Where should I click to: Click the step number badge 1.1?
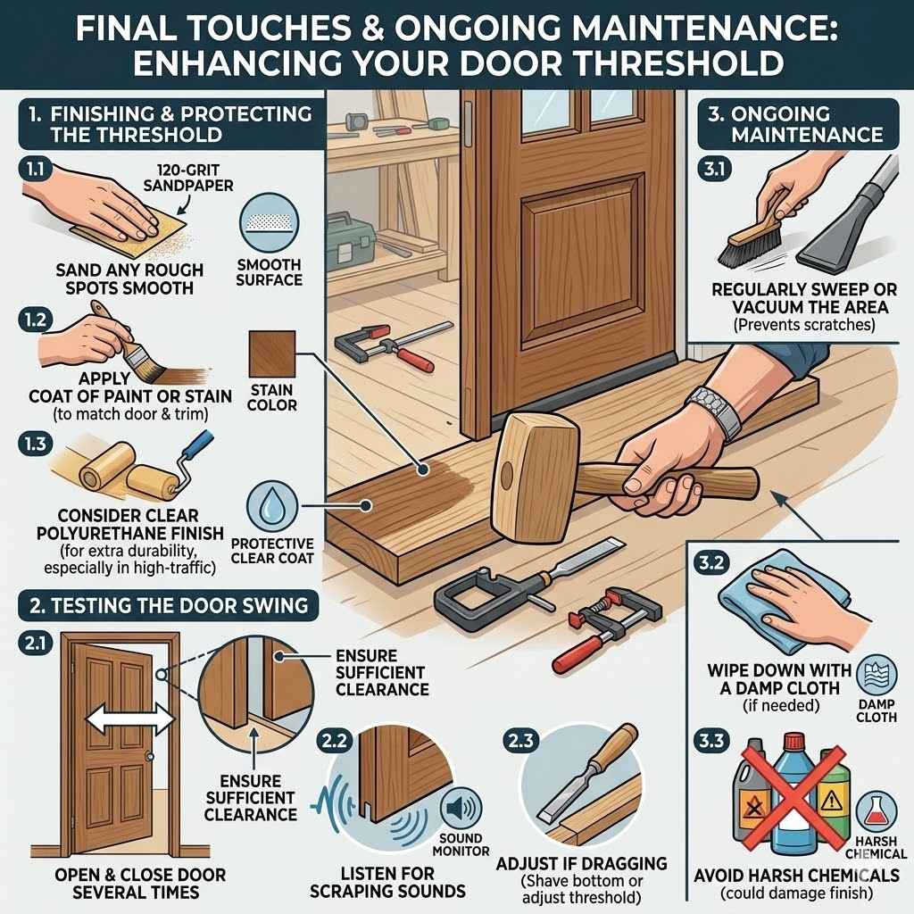[x=36, y=169]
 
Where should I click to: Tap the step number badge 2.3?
[x=520, y=740]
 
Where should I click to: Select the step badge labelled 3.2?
[x=711, y=563]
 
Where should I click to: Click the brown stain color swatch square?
[x=271, y=353]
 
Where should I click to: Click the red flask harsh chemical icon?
[x=877, y=812]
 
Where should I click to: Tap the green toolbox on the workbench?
[x=351, y=240]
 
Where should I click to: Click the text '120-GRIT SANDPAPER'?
[x=187, y=178]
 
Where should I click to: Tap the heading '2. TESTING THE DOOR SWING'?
[x=169, y=606]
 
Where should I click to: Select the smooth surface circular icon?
[x=269, y=223]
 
